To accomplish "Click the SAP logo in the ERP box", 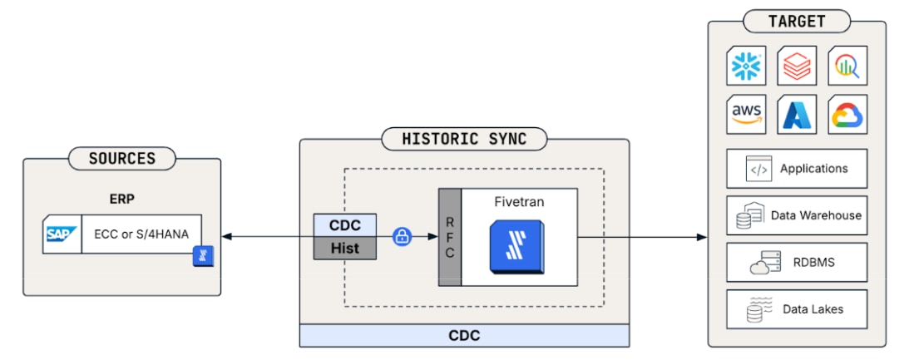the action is tap(62, 234).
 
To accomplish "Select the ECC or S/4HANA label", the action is tap(142, 234).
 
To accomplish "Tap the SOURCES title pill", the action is tap(121, 158).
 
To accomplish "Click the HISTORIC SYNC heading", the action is tap(465, 139).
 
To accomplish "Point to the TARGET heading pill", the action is tap(797, 22).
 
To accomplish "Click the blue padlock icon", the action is tap(402, 236).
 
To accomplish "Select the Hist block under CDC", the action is tap(345, 248).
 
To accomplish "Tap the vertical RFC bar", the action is tap(450, 236).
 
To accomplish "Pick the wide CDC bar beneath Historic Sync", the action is tap(464, 336).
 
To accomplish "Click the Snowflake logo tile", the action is tap(746, 66).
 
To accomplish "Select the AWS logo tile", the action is tap(746, 114).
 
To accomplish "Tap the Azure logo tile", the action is tap(797, 114).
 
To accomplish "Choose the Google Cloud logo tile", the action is tap(847, 114).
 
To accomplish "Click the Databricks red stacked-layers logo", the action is tap(797, 66).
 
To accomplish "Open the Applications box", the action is tap(797, 169).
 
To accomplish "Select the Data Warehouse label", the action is tap(816, 215).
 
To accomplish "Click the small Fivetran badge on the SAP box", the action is tap(203, 255).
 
